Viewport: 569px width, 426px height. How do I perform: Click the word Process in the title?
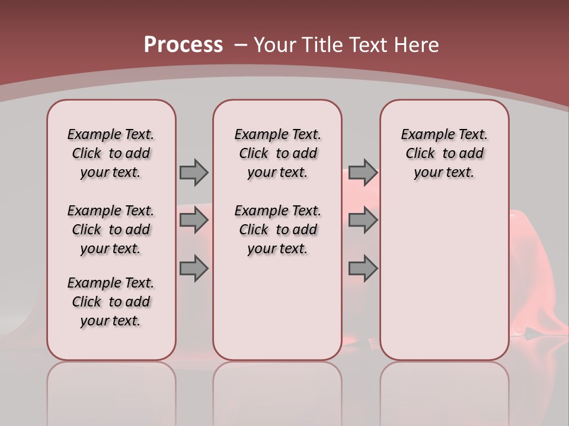(x=183, y=44)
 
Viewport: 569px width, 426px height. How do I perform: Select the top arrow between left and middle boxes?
(x=194, y=172)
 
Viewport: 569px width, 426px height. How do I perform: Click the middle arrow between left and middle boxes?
(x=194, y=220)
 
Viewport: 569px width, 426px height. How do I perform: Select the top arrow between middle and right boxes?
(x=363, y=172)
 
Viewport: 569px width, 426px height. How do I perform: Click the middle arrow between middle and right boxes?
(x=363, y=220)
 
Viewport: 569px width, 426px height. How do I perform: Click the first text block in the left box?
(x=111, y=153)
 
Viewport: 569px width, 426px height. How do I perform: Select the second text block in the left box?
(x=111, y=230)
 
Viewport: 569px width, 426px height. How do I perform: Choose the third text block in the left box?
(x=111, y=302)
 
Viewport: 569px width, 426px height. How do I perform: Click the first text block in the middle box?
(x=277, y=153)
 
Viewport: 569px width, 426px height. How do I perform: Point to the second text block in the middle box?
(x=277, y=230)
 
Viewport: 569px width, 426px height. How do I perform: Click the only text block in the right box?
(x=444, y=153)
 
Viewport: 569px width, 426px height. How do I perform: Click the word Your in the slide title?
(x=274, y=45)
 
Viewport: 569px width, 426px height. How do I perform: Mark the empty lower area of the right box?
(x=444, y=278)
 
